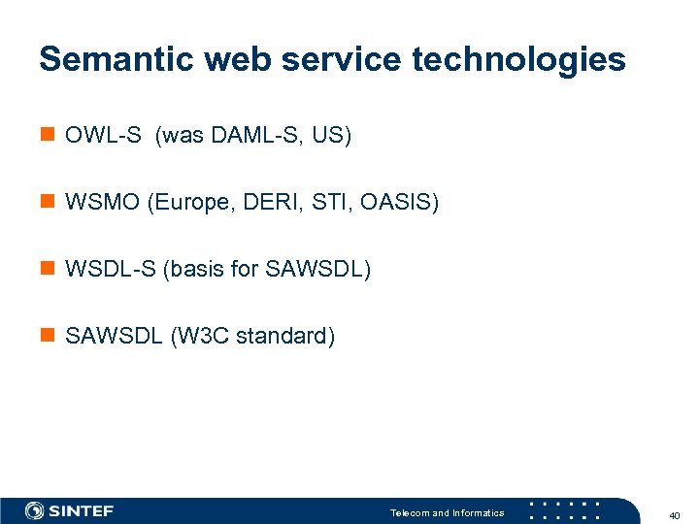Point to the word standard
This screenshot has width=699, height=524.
pos(283,336)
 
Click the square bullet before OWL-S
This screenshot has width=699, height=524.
pos(47,135)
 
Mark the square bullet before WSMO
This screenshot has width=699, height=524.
pos(47,202)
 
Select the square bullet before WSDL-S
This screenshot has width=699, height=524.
pos(47,269)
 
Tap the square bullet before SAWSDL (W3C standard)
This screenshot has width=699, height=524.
pos(47,336)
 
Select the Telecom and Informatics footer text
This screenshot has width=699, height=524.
pos(447,512)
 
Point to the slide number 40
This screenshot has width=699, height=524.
pos(675,514)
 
